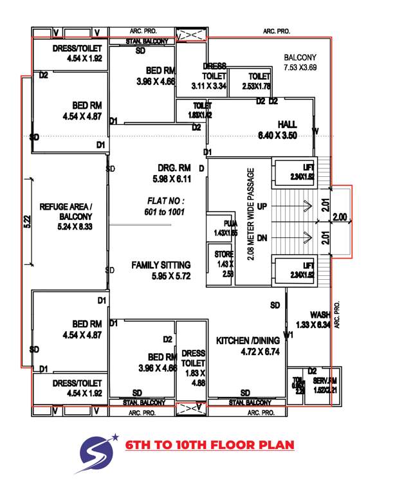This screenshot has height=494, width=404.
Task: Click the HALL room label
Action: point(287,123)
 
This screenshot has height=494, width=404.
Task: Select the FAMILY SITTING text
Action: point(161,264)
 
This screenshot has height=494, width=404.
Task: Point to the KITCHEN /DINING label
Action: point(247,341)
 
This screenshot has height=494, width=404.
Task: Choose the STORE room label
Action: point(225,255)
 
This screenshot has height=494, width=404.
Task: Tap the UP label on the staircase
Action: point(262,206)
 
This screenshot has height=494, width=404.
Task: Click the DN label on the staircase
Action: point(262,237)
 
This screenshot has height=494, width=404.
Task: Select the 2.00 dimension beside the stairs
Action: point(340,219)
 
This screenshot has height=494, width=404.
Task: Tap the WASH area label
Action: point(320,315)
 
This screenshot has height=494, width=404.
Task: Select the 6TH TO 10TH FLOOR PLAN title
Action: point(209,445)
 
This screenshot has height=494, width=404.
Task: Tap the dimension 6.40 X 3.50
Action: point(286,135)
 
